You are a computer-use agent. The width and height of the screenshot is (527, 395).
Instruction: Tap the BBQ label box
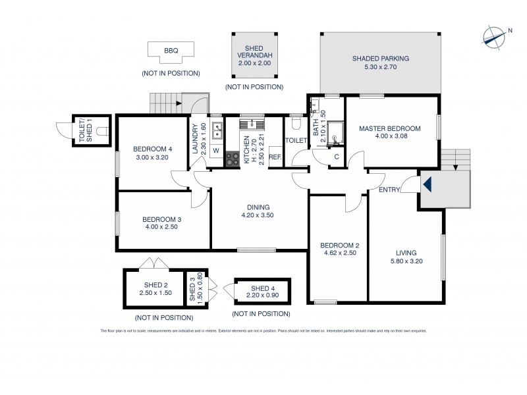click(171, 50)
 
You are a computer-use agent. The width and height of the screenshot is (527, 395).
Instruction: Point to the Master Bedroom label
click(389, 128)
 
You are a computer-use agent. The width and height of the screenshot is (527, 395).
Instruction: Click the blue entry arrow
click(426, 185)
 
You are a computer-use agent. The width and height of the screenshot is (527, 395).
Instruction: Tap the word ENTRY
click(389, 190)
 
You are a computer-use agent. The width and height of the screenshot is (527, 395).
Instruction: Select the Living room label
click(406, 251)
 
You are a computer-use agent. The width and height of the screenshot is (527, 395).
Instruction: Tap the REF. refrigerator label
click(275, 157)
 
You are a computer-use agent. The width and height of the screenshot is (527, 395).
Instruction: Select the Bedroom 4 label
click(152, 149)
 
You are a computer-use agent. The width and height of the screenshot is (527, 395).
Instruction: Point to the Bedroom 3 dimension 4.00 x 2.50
click(161, 227)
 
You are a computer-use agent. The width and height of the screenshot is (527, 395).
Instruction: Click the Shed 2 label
click(155, 284)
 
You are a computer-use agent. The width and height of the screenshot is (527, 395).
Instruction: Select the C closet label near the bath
click(336, 157)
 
